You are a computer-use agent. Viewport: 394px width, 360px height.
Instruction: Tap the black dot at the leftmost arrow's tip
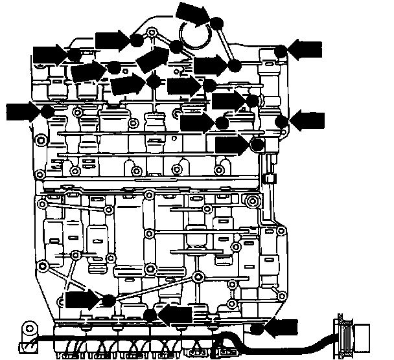47,111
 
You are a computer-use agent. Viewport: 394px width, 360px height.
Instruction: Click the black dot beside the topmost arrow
217,24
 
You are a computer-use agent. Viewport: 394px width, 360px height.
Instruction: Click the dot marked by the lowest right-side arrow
257,329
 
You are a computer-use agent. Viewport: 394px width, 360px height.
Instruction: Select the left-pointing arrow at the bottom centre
177,315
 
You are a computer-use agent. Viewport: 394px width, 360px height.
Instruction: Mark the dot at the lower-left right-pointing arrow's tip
108,300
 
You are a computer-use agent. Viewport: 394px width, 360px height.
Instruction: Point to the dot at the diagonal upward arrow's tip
176,45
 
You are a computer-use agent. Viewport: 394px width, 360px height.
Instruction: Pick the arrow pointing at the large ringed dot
231,143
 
